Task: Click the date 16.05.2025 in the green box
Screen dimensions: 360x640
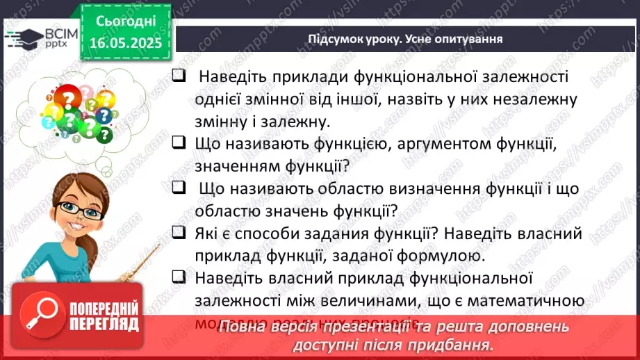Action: pyautogui.click(x=126, y=42)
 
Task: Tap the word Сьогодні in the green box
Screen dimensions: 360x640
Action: pyautogui.click(x=126, y=21)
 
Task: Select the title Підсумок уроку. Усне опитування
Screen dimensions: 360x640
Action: pyautogui.click(x=405, y=38)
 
